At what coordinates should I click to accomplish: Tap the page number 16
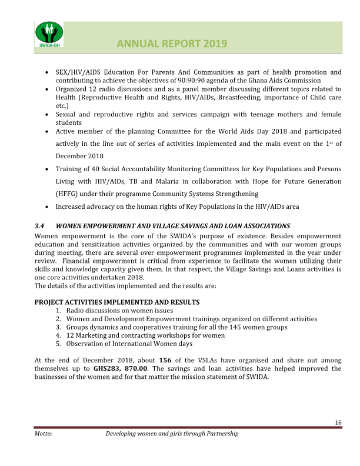(x=338, y=422)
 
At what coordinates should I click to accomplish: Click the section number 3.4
(x=39, y=226)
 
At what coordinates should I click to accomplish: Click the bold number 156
(x=165, y=360)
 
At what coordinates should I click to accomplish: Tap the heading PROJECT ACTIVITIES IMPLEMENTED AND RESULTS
(x=117, y=302)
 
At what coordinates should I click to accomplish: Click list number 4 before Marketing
(x=59, y=335)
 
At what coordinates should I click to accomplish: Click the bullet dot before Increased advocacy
(x=47, y=207)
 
